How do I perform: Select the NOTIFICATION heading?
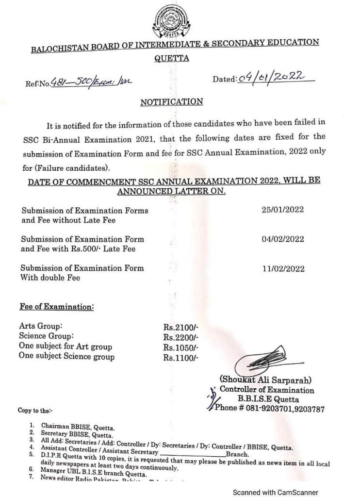(171, 102)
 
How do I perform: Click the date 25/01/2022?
(282, 210)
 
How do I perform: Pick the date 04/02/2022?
(282, 239)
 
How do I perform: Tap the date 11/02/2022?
(282, 267)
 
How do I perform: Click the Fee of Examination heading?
(57, 307)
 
